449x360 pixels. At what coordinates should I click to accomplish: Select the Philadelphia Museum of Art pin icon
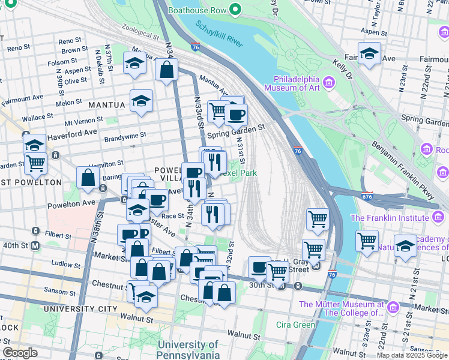tap(328, 82)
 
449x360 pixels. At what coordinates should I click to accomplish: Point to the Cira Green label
tap(295, 325)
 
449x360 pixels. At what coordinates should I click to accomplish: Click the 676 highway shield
tap(367, 196)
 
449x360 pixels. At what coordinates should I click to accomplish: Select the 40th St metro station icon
tap(35, 245)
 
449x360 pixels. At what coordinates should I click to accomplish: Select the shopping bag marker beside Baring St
tap(88, 178)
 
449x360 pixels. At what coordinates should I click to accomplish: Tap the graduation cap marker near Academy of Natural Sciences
tap(405, 246)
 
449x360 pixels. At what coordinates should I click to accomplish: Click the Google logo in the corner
tap(20, 353)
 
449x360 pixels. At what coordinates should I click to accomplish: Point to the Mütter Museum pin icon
tap(393, 307)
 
